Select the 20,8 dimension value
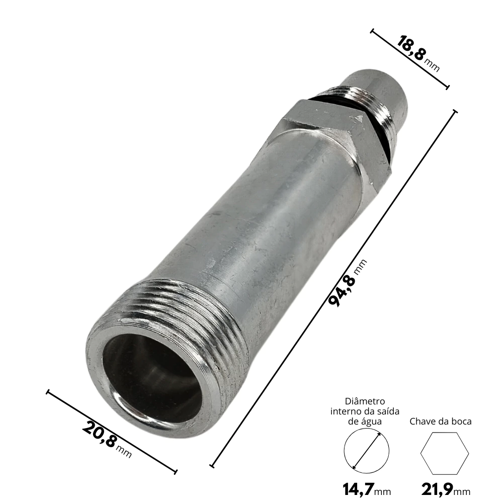(x=99, y=434)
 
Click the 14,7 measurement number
(x=358, y=490)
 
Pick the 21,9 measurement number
(x=437, y=490)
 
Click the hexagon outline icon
(x=445, y=453)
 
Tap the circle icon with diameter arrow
(x=366, y=451)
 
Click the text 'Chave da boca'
(x=441, y=421)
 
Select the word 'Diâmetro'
(x=365, y=401)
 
